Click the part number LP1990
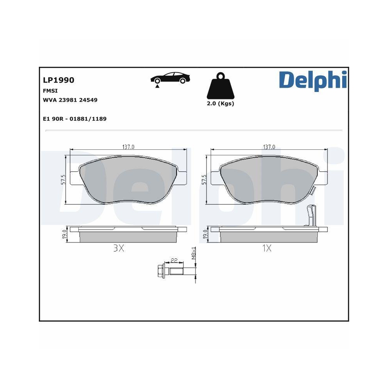pos(59,80)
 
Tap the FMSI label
pos(51,91)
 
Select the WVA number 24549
pos(88,100)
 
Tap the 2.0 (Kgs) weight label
pos(220,104)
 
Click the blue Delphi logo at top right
pos(312,80)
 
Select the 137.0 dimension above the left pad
pos(128,147)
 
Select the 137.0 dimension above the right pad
pos(269,147)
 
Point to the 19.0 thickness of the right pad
pos(205,234)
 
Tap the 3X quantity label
pos(118,249)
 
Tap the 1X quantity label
pos(266,249)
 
